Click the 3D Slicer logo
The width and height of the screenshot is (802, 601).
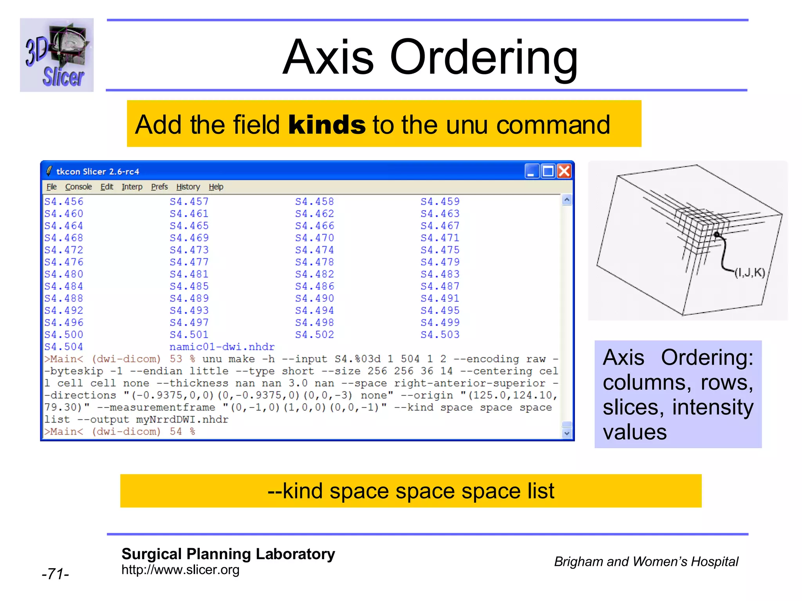57,55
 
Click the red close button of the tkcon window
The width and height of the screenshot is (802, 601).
564,171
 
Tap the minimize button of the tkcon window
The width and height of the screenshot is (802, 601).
531,171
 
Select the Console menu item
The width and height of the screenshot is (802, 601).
78,187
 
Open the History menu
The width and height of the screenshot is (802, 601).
188,187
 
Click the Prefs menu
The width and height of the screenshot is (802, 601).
159,187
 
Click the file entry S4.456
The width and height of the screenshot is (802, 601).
63,202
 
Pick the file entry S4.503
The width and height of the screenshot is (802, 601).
440,335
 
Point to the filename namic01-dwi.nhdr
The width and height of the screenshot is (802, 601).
222,347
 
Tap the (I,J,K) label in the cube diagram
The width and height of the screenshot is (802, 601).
750,272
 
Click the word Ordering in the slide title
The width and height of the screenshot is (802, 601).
484,57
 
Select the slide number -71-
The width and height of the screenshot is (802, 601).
55,574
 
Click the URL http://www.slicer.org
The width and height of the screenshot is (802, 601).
180,570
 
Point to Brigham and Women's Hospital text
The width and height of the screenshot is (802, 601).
646,561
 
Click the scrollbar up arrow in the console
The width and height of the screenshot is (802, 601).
567,200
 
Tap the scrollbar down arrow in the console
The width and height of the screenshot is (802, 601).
567,433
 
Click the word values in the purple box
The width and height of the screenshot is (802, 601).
634,432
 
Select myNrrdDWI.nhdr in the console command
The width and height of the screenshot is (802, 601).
182,419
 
